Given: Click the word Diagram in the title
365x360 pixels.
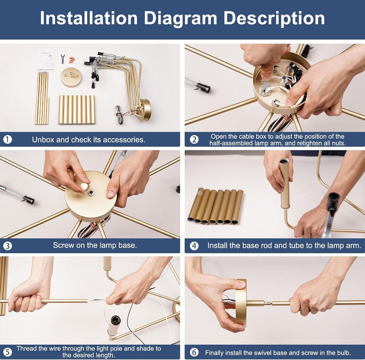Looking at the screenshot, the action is tap(180, 19).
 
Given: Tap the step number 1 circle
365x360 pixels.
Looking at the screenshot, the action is tap(7, 140).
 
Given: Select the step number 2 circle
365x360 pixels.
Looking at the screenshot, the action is tap(194, 140).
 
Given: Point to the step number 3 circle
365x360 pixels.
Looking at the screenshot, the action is tap(7, 246).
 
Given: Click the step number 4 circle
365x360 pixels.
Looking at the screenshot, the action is tap(194, 246).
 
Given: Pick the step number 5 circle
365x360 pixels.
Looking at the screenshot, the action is tap(7, 352).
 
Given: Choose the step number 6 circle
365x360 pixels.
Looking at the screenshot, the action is tap(194, 352).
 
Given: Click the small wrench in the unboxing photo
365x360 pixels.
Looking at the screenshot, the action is tap(63, 59).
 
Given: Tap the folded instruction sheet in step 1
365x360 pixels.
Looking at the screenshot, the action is tap(45, 59).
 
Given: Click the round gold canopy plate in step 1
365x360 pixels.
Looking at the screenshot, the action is tap(71, 77).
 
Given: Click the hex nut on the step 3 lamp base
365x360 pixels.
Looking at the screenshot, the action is tap(91, 193).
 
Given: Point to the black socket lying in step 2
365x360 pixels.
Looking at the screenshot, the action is tap(203, 87).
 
